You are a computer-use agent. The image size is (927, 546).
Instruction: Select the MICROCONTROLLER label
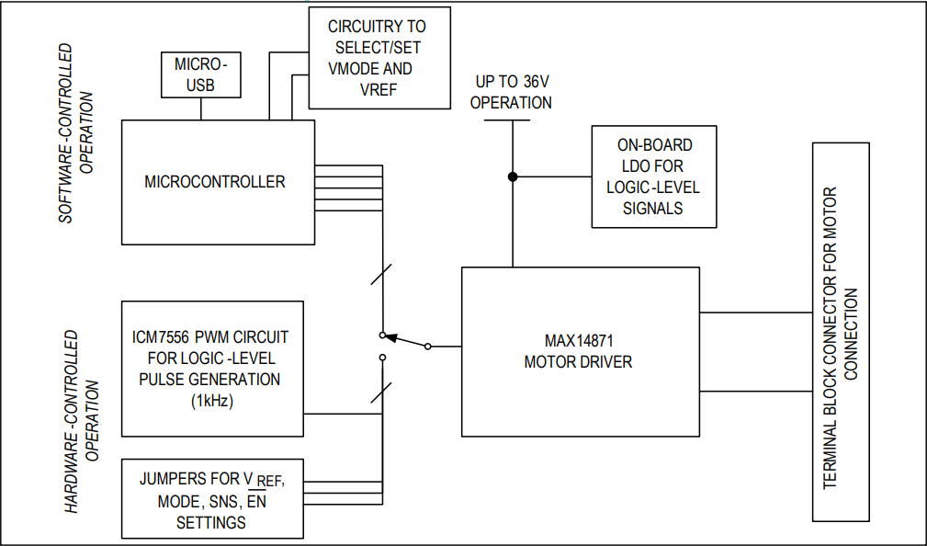pyautogui.click(x=215, y=181)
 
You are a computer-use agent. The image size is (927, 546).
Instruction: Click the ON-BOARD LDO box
pyautogui.click(x=653, y=176)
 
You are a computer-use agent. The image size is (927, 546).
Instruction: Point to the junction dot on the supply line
pyautogui.click(x=513, y=176)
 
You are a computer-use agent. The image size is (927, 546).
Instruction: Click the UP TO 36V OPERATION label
pyautogui.click(x=511, y=92)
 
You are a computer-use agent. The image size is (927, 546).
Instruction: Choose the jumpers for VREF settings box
pyautogui.click(x=212, y=499)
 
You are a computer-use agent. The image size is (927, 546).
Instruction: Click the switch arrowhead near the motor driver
pyautogui.click(x=390, y=337)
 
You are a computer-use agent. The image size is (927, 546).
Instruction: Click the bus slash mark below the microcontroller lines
pyautogui.click(x=381, y=273)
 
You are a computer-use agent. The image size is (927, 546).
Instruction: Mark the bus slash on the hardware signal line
pyautogui.click(x=381, y=393)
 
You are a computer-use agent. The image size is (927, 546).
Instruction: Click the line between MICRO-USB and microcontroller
pyautogui.click(x=200, y=108)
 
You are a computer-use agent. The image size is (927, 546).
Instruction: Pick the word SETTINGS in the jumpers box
pyautogui.click(x=210, y=522)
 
